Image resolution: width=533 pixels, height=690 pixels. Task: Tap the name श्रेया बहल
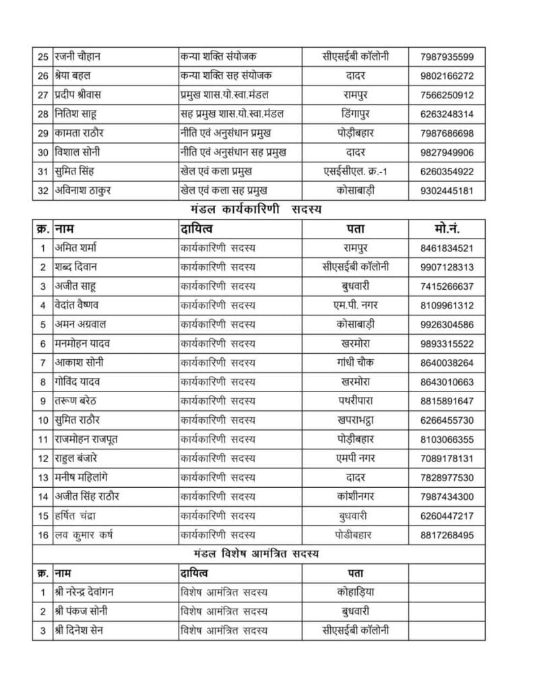pyautogui.click(x=78, y=75)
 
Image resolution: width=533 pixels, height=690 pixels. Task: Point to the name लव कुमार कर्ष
pyautogui.click(x=84, y=535)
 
